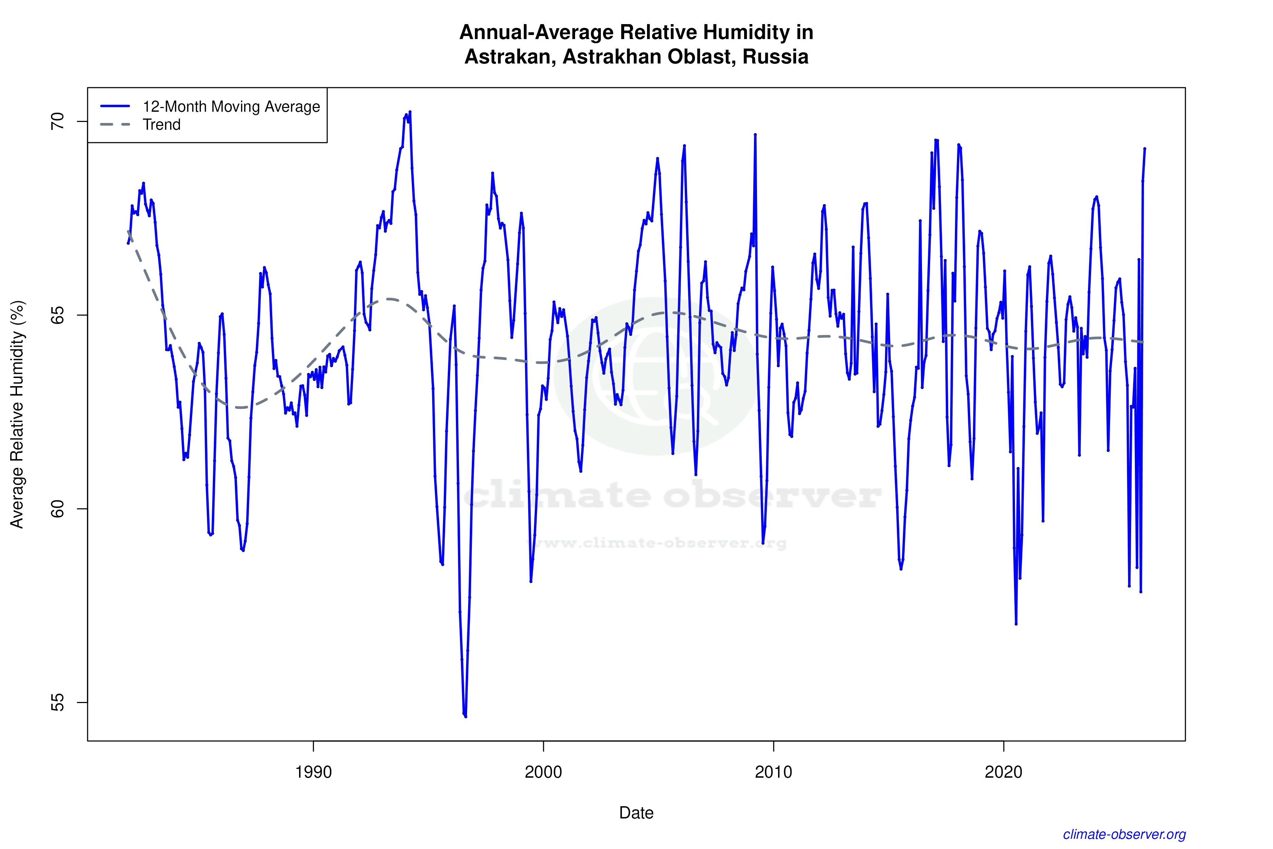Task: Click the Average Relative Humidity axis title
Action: tap(17, 414)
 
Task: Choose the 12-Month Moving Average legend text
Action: tap(231, 107)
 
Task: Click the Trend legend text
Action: tap(161, 125)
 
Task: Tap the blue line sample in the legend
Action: tap(115, 106)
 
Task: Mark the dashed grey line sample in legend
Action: tap(115, 125)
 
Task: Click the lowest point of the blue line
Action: tap(465, 716)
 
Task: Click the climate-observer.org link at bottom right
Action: tap(1124, 834)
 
